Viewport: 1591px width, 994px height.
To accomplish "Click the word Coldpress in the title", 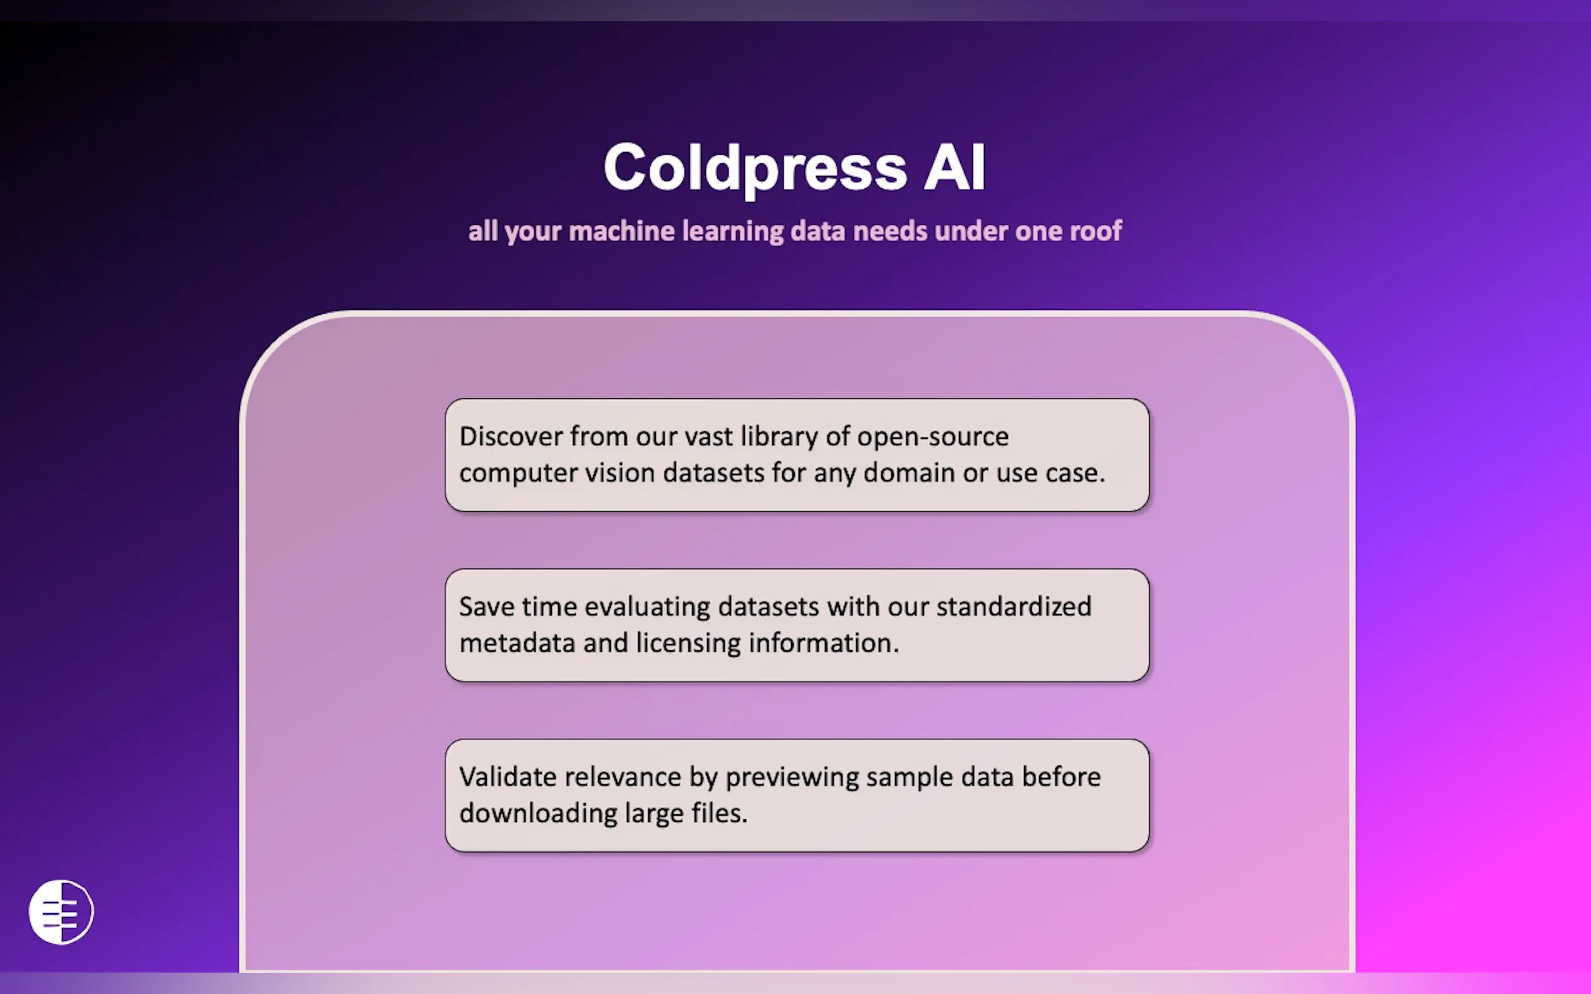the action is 755,168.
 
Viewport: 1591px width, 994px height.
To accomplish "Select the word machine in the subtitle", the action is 621,232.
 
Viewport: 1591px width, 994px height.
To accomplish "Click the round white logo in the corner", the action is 61,912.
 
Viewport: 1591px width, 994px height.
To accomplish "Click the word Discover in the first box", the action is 511,436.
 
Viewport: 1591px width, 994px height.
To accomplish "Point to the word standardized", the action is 1013,606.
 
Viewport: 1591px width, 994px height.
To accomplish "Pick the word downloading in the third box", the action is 538,814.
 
